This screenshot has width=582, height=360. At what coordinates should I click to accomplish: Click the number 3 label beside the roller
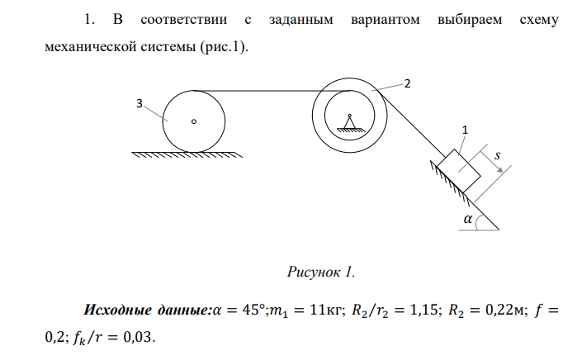[140, 103]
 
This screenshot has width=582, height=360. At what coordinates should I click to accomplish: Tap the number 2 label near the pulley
[405, 83]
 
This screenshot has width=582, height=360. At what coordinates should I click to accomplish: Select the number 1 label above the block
[465, 130]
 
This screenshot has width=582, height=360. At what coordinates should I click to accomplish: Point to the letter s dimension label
[496, 154]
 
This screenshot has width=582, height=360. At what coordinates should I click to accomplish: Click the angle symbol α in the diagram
[469, 220]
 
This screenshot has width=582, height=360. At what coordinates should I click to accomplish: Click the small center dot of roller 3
[194, 121]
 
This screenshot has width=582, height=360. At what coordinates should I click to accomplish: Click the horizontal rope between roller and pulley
[272, 90]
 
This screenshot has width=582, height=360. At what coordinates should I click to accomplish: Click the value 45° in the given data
[246, 312]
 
